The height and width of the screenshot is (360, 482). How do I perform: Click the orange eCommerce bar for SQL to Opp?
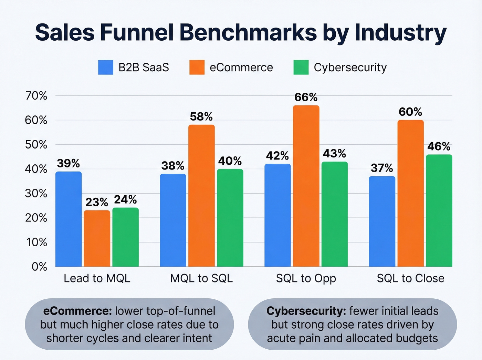(306, 186)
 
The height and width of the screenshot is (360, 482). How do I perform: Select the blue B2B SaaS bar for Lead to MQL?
(69, 219)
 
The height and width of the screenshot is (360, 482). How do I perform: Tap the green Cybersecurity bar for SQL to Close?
(439, 210)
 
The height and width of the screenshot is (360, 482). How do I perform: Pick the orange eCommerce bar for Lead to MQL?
(97, 238)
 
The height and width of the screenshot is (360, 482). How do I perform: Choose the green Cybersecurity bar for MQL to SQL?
(230, 218)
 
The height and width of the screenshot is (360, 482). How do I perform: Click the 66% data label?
(306, 97)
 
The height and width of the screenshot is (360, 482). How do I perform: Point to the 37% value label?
(382, 168)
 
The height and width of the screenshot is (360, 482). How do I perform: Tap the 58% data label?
(201, 117)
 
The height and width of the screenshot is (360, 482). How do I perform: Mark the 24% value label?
(125, 200)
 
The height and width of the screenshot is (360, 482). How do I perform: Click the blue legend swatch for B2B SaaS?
(106, 68)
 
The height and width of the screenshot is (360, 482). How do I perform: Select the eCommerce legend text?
(241, 68)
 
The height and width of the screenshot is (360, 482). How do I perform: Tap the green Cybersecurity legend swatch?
(301, 68)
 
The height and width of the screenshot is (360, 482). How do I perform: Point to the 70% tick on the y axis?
(36, 96)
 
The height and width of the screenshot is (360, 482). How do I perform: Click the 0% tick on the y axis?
(39, 267)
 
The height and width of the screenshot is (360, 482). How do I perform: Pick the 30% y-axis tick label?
(36, 194)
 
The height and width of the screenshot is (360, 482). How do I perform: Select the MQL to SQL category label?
(201, 278)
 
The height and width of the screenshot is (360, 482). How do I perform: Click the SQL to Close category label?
(410, 278)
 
